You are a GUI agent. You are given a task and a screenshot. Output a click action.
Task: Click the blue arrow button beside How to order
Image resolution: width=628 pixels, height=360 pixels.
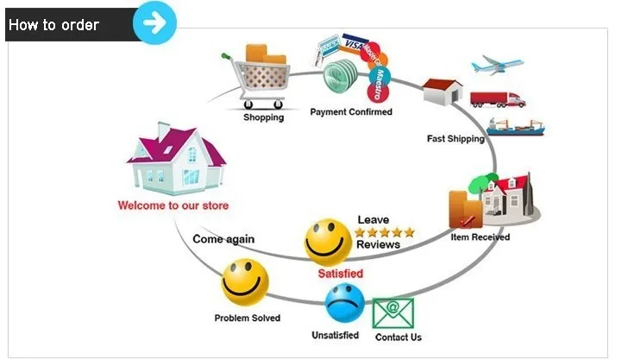pyautogui.click(x=155, y=22)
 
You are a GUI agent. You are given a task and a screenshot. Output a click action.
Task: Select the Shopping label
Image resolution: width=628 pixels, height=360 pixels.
pyautogui.click(x=263, y=117)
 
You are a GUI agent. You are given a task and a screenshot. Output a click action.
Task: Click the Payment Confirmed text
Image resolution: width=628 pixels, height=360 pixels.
pyautogui.click(x=351, y=112)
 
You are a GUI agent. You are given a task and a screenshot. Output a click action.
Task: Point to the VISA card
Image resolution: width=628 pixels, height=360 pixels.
pyautogui.click(x=353, y=43)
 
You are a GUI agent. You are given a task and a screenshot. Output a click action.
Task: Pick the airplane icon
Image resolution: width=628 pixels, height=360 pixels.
pyautogui.click(x=498, y=66)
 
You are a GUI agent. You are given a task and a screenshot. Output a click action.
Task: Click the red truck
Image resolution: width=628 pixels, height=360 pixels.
pyautogui.click(x=498, y=99)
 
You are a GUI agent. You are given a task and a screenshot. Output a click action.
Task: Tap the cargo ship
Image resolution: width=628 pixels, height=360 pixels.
pyautogui.click(x=515, y=129)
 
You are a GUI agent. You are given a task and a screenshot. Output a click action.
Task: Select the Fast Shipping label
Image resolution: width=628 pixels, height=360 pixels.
pyautogui.click(x=455, y=138)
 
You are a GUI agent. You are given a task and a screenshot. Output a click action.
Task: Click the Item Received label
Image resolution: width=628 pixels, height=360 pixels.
pyautogui.click(x=480, y=237)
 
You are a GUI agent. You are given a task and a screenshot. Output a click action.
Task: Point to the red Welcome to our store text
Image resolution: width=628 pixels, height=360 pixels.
pyautogui.click(x=173, y=206)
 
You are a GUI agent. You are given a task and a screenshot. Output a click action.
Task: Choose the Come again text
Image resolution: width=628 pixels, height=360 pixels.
pyautogui.click(x=223, y=239)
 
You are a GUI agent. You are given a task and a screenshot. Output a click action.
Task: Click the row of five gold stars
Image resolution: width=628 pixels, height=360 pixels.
pyautogui.click(x=386, y=232)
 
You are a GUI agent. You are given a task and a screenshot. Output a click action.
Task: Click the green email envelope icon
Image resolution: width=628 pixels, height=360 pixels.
pyautogui.click(x=393, y=313)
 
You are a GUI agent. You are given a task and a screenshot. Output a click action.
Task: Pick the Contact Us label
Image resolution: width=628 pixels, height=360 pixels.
pyautogui.click(x=399, y=337)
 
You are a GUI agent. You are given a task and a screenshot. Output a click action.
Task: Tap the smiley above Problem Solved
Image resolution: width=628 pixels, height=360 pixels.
pyautogui.click(x=245, y=282)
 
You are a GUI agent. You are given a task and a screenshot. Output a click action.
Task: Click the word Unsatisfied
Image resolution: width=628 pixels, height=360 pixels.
pyautogui.click(x=335, y=335)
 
